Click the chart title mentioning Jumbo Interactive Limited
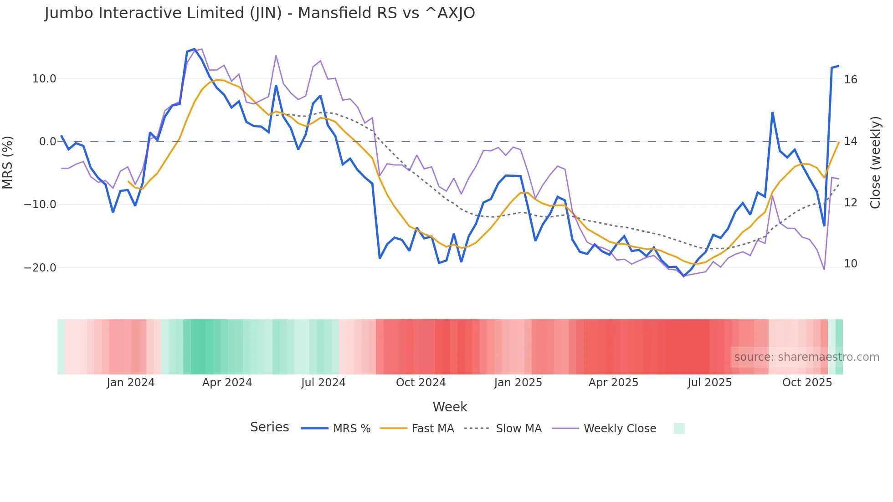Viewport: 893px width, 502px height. pos(260,13)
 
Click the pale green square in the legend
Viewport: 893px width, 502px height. pos(679,428)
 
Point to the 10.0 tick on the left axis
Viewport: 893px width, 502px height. pos(44,79)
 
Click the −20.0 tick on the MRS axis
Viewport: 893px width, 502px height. pos(40,268)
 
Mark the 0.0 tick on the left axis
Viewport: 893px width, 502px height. pos(47,142)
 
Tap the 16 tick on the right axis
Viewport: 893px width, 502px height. pos(850,80)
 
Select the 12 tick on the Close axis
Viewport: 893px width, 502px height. pos(850,203)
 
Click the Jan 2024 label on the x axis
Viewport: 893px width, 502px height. pos(131,383)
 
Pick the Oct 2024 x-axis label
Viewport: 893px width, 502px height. pos(421,383)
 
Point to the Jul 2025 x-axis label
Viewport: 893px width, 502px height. pos(709,383)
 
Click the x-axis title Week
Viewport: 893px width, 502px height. pos(450,407)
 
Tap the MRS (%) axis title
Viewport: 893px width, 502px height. pos(8,163)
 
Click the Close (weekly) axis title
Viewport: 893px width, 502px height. pos(875,163)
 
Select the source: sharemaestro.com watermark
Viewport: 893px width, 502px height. pos(806,357)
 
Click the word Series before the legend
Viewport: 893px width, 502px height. pos(269,427)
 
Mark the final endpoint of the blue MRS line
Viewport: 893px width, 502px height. pos(838,66)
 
